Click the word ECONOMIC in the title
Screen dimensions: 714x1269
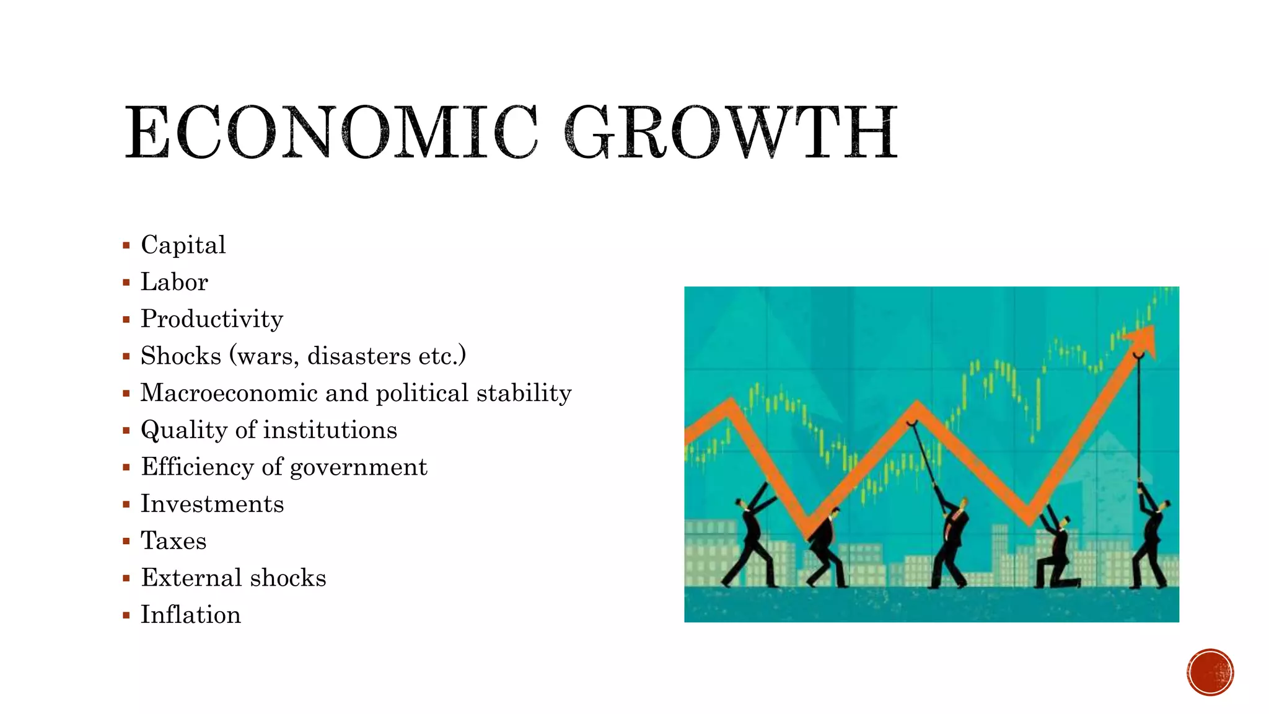click(332, 133)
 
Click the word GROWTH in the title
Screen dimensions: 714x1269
click(731, 133)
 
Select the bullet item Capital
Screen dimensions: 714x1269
click(183, 245)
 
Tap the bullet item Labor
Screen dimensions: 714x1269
click(174, 282)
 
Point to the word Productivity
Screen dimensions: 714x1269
click(212, 319)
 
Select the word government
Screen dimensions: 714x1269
click(359, 467)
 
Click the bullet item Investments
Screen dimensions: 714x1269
click(213, 504)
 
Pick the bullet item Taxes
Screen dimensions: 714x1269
click(173, 540)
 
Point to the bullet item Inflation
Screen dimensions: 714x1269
click(191, 615)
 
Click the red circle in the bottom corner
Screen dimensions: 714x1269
click(1210, 672)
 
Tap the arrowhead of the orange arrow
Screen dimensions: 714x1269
click(1143, 341)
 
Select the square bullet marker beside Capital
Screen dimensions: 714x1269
click(126, 245)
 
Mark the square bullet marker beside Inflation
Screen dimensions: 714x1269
click(126, 615)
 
